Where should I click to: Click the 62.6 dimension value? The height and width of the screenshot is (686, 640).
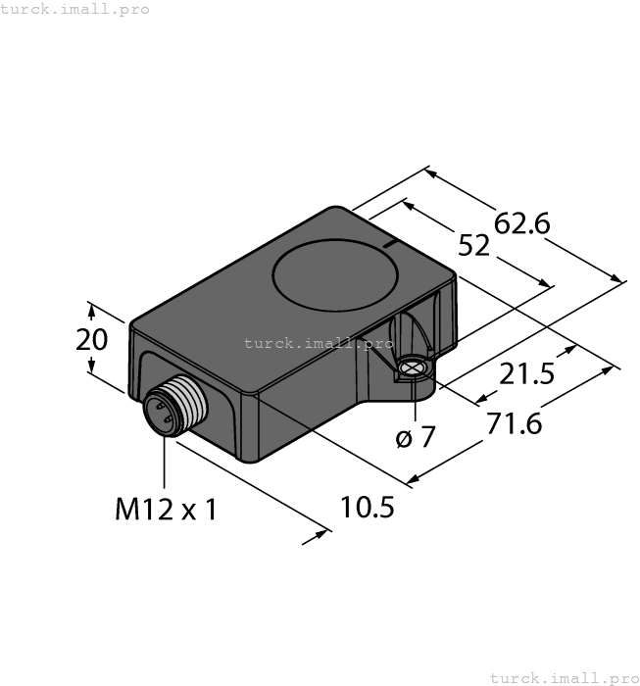(521, 224)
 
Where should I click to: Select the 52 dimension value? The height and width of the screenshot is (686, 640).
(474, 247)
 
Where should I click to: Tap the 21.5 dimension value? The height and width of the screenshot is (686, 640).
(526, 373)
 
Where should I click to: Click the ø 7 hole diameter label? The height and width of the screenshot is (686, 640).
(415, 438)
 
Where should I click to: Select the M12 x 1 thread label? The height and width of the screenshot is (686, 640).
(165, 510)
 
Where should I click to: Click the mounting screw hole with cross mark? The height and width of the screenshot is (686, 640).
(414, 369)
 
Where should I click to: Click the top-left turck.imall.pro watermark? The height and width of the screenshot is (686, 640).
(75, 9)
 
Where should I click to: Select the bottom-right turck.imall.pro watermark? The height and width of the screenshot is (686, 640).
(564, 677)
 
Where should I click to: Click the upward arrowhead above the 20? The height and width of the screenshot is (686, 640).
(91, 310)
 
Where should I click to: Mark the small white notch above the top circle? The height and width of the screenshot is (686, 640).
(389, 240)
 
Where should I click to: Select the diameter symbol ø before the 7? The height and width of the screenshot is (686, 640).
(403, 439)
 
